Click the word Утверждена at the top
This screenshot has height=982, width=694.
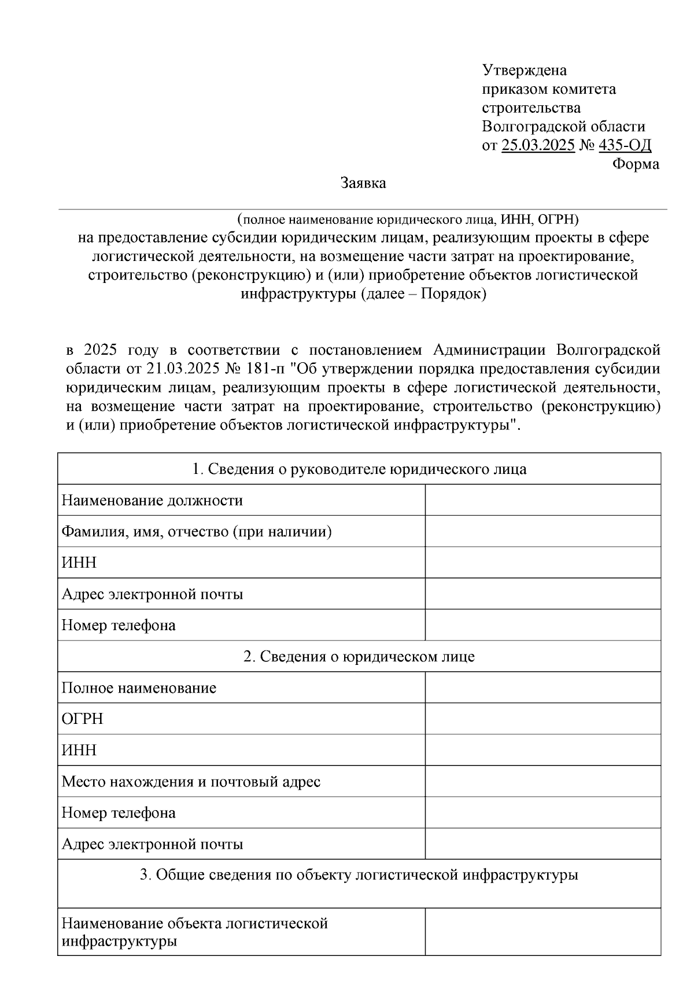tap(524, 71)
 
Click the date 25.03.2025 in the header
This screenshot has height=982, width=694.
tap(538, 145)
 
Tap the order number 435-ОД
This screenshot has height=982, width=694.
tap(625, 145)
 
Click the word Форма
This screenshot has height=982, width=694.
tap(635, 164)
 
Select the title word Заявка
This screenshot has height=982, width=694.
tap(363, 183)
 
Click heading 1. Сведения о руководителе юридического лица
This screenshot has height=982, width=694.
tap(359, 469)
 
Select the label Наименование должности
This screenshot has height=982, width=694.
tap(152, 500)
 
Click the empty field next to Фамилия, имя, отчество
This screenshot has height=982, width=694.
tap(542, 531)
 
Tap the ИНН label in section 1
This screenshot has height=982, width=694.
tap(79, 562)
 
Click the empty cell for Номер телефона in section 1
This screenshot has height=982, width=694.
tap(542, 625)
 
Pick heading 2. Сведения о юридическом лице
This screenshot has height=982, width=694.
tap(359, 656)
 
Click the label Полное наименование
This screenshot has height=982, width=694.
tap(139, 687)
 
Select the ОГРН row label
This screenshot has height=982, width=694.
tap(82, 719)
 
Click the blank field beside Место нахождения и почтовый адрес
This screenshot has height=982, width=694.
tap(542, 781)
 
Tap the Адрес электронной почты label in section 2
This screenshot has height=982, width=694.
tap(152, 844)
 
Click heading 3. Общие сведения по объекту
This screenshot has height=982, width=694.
tap(359, 875)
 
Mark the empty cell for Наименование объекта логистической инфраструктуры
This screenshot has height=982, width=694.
tap(542, 931)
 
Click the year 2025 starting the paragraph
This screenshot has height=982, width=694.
tap(101, 350)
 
